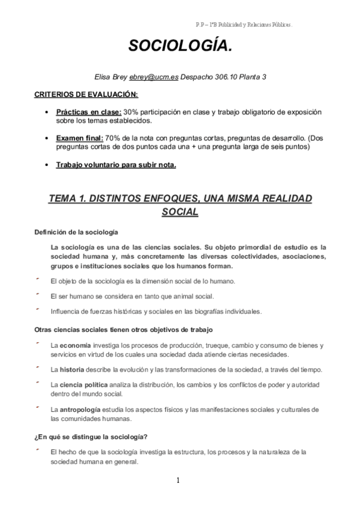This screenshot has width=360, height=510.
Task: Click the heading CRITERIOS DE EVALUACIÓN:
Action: [x=86, y=94]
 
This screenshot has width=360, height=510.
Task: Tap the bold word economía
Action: [x=75, y=345]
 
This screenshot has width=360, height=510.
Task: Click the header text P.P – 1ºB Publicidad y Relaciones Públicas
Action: [x=243, y=25]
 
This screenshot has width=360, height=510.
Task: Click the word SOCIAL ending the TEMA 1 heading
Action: [x=180, y=212]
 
